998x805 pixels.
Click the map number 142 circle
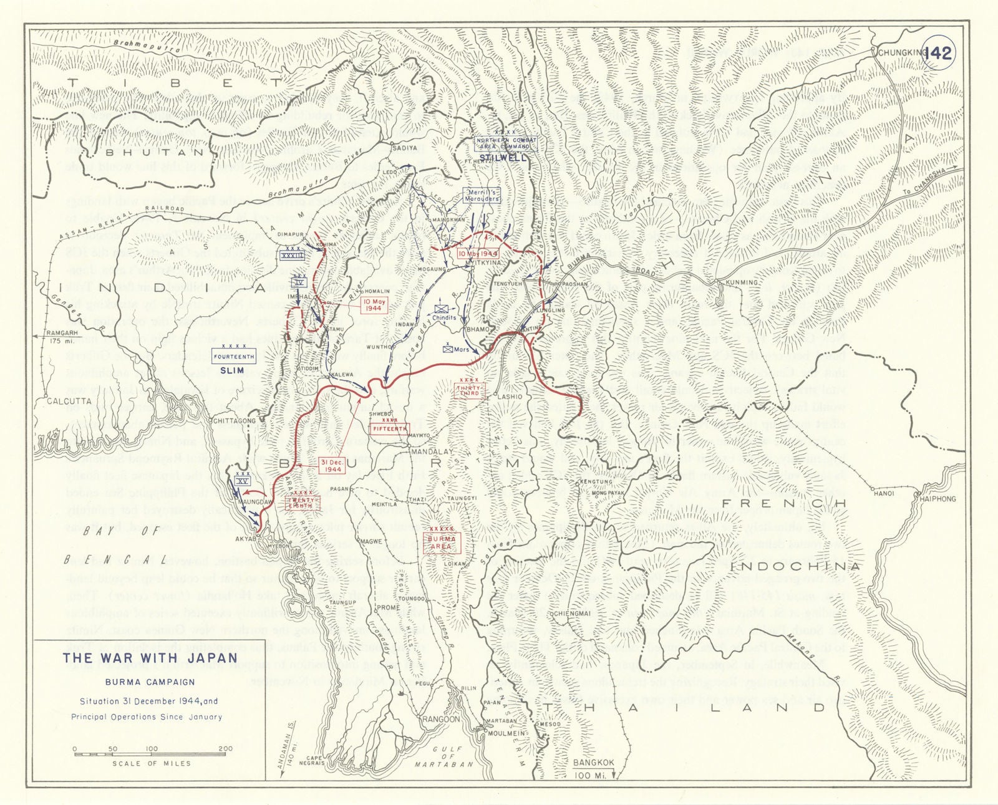coord(938,53)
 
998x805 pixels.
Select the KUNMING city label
coord(741,282)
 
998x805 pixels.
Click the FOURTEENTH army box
coord(234,357)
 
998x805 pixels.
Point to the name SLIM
coord(232,370)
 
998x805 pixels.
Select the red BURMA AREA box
coord(442,542)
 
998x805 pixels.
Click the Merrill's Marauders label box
coord(483,196)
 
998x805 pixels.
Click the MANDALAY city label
coord(432,451)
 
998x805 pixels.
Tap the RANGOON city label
coord(441,719)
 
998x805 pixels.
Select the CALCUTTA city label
coord(69,401)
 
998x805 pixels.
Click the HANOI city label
coord(883,493)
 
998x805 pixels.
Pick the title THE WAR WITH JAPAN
coord(150,658)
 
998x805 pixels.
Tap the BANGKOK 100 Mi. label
coord(593,768)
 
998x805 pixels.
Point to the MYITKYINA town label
coord(484,263)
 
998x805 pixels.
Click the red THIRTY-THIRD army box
coord(469,390)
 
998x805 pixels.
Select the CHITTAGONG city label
coord(235,421)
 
